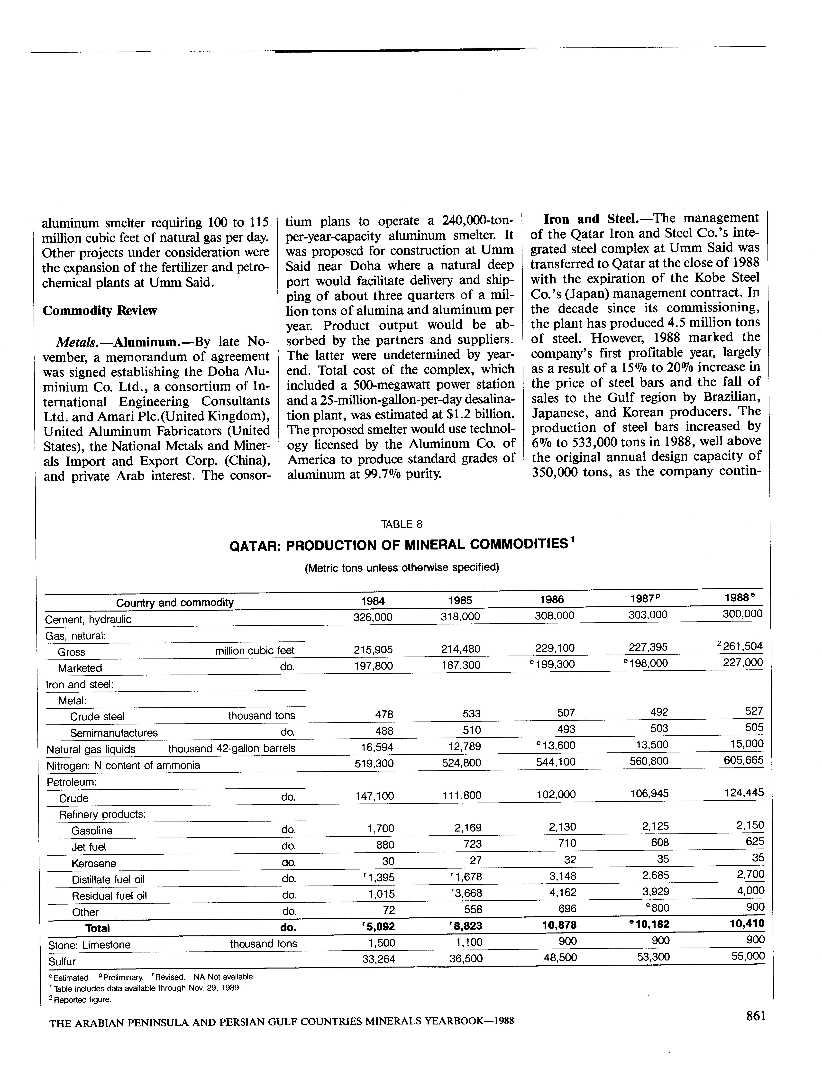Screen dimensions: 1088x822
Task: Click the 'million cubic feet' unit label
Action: coord(255,651)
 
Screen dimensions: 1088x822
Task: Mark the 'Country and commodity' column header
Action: coord(175,603)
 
